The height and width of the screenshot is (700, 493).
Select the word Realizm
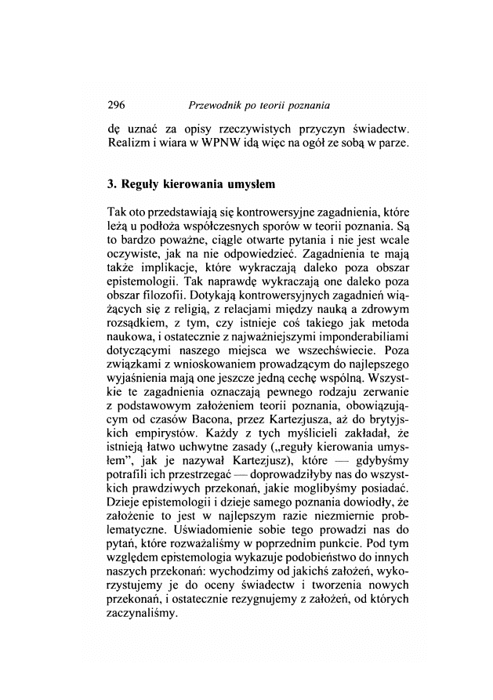[128, 144]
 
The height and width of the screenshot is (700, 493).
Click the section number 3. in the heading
[111, 186]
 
